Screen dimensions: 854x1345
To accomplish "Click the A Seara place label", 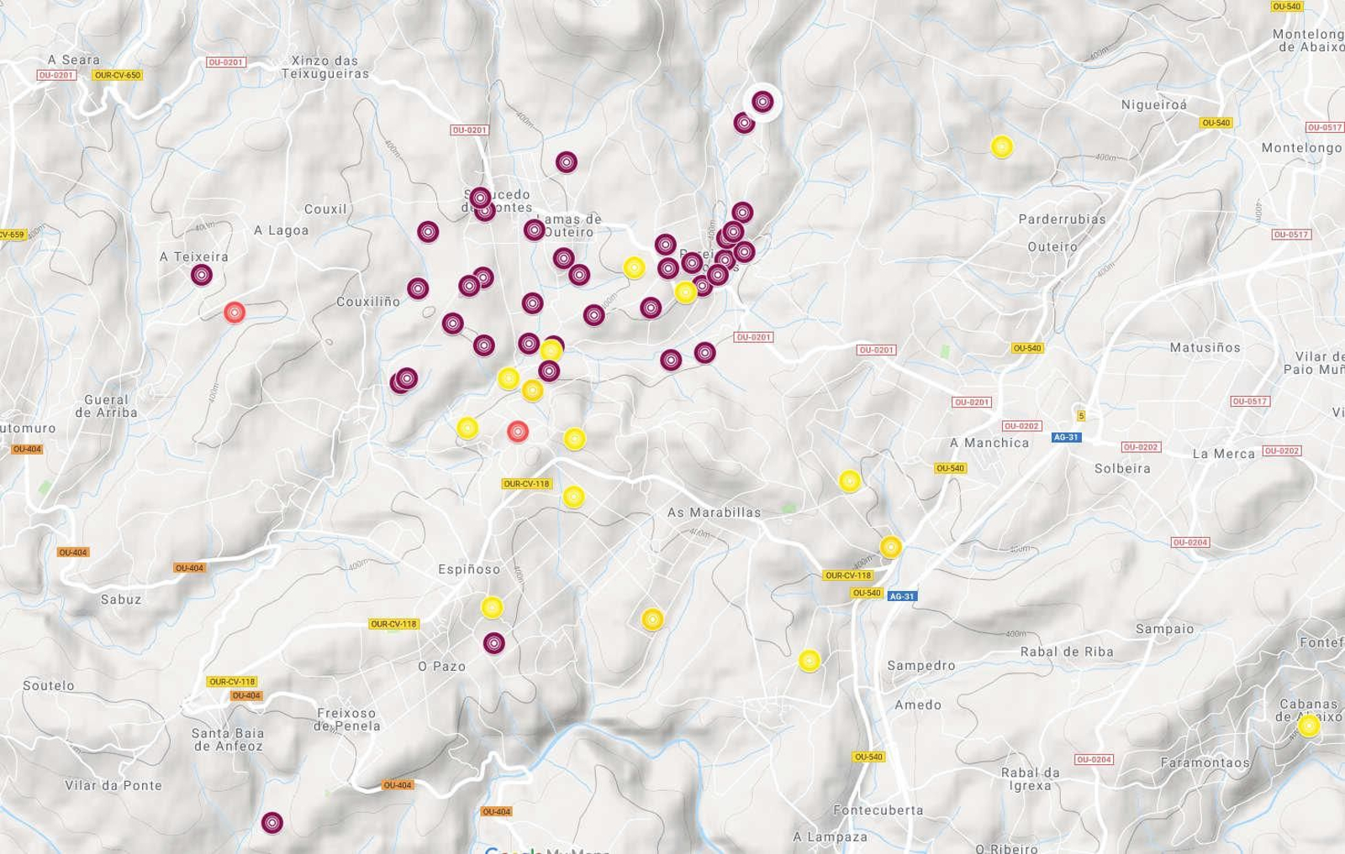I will tap(74, 60).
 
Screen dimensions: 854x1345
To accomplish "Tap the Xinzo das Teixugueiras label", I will tap(324, 67).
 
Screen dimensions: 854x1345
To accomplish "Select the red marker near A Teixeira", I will tap(235, 313).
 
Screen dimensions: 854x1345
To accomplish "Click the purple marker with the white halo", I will tap(762, 103).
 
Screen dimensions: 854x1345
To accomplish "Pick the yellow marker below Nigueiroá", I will tap(1001, 147).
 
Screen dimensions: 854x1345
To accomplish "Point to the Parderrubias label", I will tap(1062, 219).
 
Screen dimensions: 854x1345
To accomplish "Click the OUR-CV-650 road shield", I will tap(118, 75).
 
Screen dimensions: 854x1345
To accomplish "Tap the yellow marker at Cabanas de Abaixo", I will tap(1308, 726).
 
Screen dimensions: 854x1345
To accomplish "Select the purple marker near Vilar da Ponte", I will tap(272, 823).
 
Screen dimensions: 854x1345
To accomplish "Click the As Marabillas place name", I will tap(714, 512).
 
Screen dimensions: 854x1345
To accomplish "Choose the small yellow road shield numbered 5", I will tap(1081, 415).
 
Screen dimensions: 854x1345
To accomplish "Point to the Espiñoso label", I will tap(469, 569).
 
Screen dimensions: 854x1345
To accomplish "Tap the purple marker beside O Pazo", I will tap(494, 644).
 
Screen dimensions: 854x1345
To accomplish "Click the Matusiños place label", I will tap(1205, 347).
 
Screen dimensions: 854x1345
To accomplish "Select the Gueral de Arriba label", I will tap(106, 406).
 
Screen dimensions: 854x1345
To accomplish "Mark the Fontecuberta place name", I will tap(878, 810).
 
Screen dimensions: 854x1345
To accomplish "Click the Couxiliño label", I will tap(368, 301).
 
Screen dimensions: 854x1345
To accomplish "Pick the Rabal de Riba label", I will tap(1066, 651).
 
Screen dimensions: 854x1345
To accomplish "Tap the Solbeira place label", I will tap(1122, 468).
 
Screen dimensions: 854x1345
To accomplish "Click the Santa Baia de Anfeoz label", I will tap(228, 740).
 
